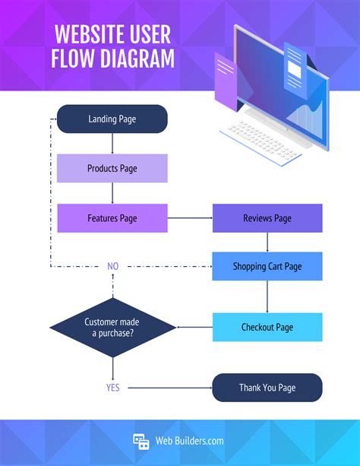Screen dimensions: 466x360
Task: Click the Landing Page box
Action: (112, 119)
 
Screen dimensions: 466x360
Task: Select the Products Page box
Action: (112, 168)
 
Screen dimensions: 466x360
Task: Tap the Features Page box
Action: (112, 218)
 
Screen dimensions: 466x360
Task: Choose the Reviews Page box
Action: (267, 218)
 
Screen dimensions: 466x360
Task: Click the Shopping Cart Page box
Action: (267, 266)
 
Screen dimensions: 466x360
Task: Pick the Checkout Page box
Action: (267, 327)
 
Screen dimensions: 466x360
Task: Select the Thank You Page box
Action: (267, 387)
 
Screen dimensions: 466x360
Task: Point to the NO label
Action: (113, 267)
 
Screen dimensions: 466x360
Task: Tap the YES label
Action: (113, 387)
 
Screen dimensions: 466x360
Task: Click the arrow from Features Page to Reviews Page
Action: (190, 218)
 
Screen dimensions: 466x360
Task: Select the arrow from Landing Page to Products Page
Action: (112, 144)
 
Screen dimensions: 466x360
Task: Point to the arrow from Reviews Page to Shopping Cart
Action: (267, 242)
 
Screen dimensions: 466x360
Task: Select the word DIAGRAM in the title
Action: (131, 58)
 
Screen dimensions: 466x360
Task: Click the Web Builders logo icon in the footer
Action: (141, 441)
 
